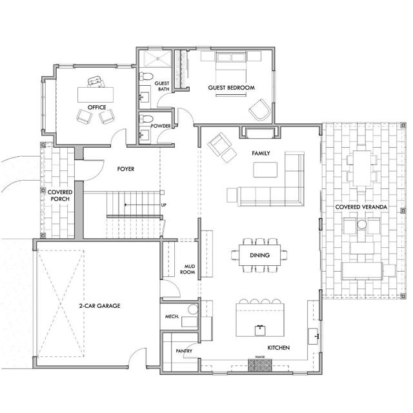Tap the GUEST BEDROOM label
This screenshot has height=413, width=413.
tap(231, 87)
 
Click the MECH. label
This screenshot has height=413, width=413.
tap(172, 316)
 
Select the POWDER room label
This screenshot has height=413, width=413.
tap(161, 126)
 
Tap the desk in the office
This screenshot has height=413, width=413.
tap(95, 94)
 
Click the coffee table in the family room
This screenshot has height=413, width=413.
tap(266, 170)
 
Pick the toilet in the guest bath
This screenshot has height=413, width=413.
tap(146, 79)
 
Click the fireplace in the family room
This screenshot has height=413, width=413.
tap(260, 132)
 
